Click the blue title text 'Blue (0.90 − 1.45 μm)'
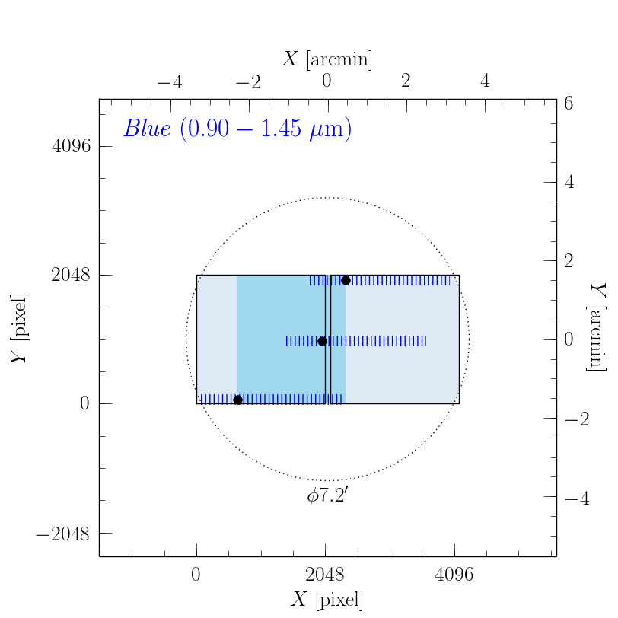[x=237, y=129]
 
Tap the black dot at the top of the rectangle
[x=346, y=280]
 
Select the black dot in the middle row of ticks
[x=322, y=341]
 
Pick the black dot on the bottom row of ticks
[x=237, y=400]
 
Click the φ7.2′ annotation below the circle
[x=327, y=496]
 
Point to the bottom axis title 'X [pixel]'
[x=327, y=600]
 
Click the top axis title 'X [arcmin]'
[x=327, y=59]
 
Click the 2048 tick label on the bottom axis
[x=326, y=575]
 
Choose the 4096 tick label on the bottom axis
[x=454, y=575]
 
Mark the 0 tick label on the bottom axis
[x=196, y=575]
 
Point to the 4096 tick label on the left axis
[x=71, y=147]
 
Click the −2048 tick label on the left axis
[x=62, y=533]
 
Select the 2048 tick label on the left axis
[x=71, y=276]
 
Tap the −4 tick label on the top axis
[x=169, y=81]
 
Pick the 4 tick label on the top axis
[x=485, y=81]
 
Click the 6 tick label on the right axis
[x=568, y=104]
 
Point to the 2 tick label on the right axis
[x=568, y=261]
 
